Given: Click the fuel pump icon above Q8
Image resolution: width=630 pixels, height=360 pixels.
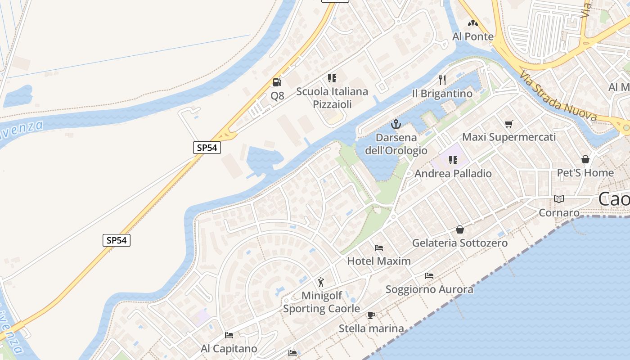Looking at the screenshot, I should click(x=277, y=82).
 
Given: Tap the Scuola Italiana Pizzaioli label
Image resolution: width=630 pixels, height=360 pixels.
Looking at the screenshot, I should click(x=332, y=98).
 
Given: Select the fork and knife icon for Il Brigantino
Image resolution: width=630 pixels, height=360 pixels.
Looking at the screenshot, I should click(x=442, y=80).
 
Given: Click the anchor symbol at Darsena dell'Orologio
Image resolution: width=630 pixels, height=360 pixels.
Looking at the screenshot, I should click(x=396, y=124).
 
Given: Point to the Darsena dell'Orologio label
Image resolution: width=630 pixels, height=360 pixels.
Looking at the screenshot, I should click(x=396, y=144).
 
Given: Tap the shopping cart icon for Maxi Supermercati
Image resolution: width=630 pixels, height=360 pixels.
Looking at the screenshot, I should click(x=509, y=124).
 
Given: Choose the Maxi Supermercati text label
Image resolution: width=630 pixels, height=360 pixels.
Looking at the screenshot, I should click(x=509, y=137).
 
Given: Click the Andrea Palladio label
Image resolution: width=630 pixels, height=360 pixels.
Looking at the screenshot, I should click(x=453, y=173).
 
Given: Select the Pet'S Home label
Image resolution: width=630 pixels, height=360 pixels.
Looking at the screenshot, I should click(x=585, y=173).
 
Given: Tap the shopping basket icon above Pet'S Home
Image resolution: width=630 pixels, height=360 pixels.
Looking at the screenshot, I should click(x=585, y=159).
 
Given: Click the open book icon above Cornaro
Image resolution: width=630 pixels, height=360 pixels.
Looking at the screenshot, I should click(x=559, y=199).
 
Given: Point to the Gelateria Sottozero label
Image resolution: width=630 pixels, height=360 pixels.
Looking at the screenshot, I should click(x=460, y=243).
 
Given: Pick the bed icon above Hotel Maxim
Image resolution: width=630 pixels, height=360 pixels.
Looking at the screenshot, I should click(x=379, y=247).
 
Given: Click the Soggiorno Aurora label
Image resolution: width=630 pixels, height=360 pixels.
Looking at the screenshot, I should click(x=429, y=289).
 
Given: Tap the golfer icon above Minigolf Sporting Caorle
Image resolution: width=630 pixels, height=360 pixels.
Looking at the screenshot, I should click(x=321, y=282).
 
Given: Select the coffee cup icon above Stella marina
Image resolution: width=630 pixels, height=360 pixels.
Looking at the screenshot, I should click(x=371, y=315).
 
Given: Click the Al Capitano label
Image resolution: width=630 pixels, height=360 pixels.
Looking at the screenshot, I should click(x=229, y=349).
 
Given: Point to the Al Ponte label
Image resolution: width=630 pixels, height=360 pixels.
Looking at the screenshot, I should click(x=473, y=36).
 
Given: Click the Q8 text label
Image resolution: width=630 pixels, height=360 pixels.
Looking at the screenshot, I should click(x=277, y=95).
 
